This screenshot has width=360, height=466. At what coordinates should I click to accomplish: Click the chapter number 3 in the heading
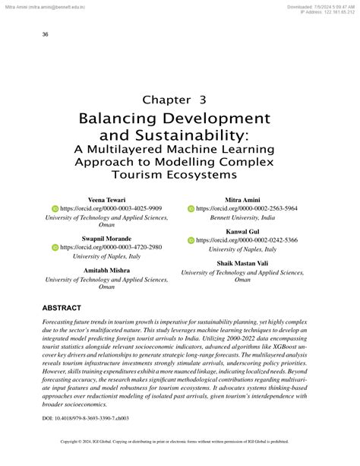(203, 99)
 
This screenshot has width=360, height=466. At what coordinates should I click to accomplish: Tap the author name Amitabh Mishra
(106, 271)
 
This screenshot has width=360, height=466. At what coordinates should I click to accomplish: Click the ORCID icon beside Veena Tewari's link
(55, 208)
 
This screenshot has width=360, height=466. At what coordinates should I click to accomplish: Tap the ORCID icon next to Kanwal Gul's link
(191, 239)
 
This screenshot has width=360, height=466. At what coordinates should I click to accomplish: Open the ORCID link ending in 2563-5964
(251, 208)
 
